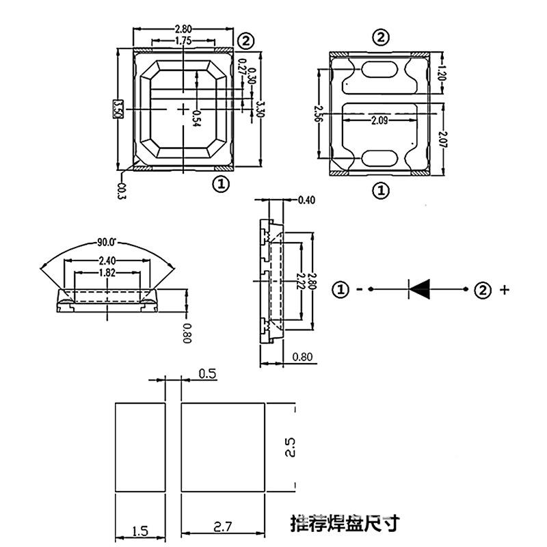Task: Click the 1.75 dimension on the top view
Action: [183, 41]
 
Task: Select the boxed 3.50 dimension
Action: [118, 109]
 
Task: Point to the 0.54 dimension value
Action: [196, 118]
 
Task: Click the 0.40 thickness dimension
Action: [307, 200]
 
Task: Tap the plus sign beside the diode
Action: [505, 290]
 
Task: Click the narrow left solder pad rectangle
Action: [139, 447]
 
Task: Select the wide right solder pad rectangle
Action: [223, 447]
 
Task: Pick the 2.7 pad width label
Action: [223, 527]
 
